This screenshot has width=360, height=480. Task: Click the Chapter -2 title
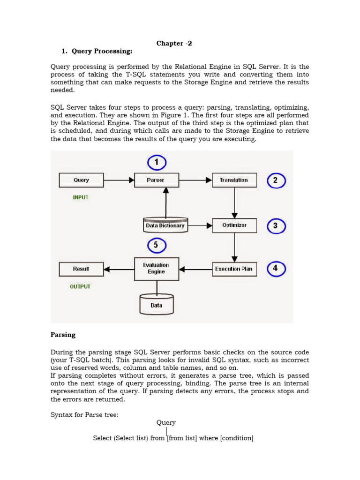click(174, 43)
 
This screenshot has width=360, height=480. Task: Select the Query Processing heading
click(97, 51)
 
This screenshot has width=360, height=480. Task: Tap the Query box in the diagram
click(81, 180)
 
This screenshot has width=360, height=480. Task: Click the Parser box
click(156, 180)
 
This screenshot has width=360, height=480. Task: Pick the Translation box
click(234, 180)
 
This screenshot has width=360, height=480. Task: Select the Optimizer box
click(234, 225)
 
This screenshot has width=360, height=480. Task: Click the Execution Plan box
click(234, 269)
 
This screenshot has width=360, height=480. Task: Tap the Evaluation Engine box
click(156, 269)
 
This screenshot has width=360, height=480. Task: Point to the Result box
click(81, 269)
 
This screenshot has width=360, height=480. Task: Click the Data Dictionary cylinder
click(165, 225)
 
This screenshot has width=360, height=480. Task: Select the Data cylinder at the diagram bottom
click(157, 305)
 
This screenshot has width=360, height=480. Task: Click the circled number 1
click(157, 163)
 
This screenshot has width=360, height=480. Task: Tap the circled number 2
click(276, 180)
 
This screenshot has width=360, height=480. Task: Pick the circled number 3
click(276, 226)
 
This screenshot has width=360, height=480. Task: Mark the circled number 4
click(276, 269)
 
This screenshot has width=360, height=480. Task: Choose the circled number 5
click(157, 245)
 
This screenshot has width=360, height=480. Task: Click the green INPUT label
click(81, 197)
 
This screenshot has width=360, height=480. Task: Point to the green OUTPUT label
click(80, 286)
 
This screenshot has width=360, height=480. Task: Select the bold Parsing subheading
click(63, 335)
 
